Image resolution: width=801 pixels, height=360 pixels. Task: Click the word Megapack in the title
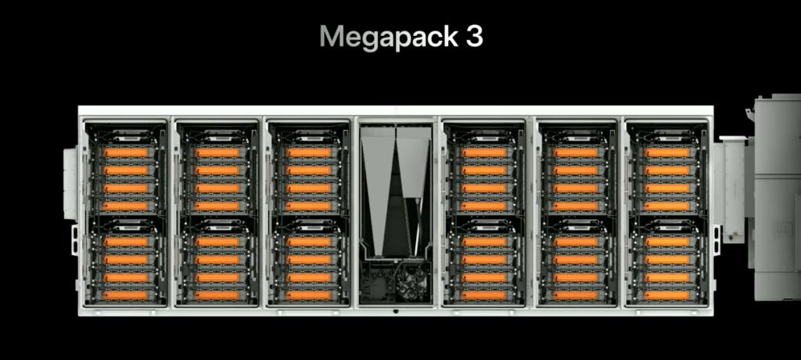[388, 38]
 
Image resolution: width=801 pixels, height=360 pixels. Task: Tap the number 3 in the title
[474, 36]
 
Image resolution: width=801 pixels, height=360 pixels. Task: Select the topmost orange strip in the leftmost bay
[126, 153]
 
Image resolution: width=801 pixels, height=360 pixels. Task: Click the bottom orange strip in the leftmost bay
[126, 296]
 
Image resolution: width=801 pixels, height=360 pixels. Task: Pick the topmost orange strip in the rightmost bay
[666, 153]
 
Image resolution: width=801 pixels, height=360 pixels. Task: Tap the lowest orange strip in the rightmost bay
[666, 296]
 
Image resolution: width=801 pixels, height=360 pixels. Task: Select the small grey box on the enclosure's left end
[70, 182]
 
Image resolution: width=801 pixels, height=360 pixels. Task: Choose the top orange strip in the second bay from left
[217, 153]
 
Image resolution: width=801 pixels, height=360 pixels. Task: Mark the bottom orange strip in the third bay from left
[308, 296]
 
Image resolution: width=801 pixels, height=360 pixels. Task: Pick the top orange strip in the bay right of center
[483, 153]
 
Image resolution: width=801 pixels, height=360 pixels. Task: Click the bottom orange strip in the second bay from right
[575, 296]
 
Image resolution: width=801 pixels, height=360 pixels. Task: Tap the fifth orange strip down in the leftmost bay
[126, 242]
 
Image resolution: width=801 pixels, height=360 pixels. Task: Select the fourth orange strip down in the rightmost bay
[666, 206]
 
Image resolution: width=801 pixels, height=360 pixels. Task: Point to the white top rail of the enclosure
[396, 110]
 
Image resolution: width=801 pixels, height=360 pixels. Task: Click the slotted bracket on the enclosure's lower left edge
[75, 240]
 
